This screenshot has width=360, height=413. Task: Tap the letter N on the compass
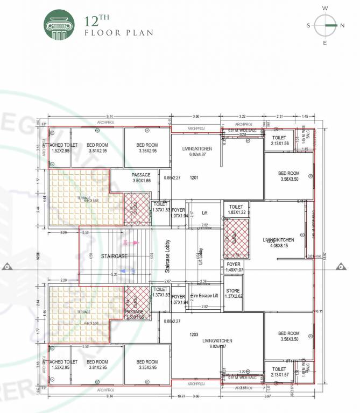coord(342,25)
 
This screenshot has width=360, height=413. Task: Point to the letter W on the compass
coord(324,8)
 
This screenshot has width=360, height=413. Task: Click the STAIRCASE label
coord(114,257)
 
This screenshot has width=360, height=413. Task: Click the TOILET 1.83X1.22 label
coord(236,210)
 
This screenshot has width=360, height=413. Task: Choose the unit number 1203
coord(194,334)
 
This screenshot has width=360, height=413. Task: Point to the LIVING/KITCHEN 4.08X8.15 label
coord(278,243)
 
